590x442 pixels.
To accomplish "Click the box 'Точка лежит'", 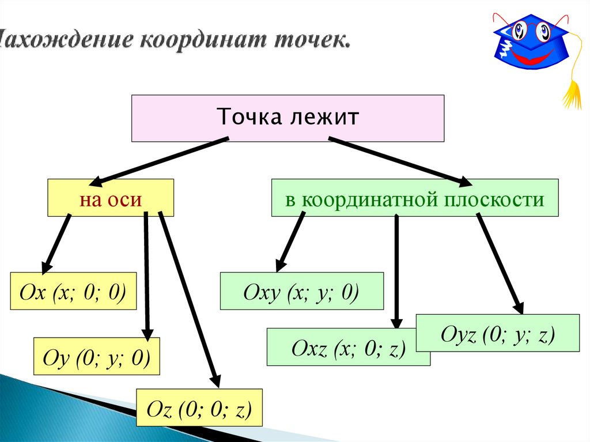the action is (x=288, y=118).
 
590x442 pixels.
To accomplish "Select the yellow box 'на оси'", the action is (x=111, y=198).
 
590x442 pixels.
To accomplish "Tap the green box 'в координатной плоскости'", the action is (x=415, y=198).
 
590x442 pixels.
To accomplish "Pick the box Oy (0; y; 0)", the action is (x=96, y=358).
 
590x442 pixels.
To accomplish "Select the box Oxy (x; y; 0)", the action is (x=301, y=292).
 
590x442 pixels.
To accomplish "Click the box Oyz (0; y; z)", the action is (x=497, y=333).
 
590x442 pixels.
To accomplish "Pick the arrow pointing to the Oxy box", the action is (x=290, y=242).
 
